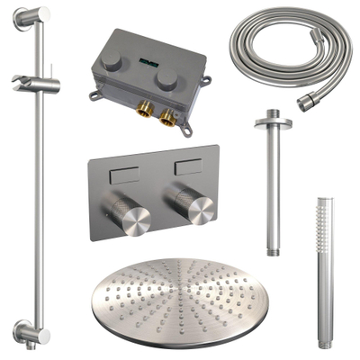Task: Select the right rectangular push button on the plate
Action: [x=188, y=167]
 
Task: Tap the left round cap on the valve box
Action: [x=110, y=60]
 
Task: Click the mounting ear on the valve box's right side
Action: [x=206, y=86]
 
